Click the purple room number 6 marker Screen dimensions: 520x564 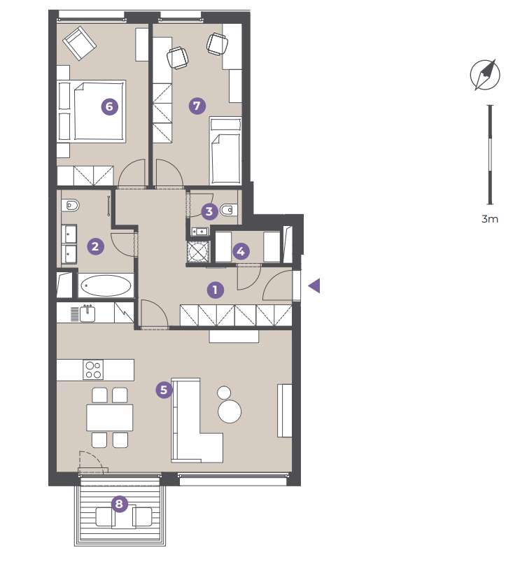click(x=109, y=106)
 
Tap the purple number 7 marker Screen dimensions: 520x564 click(x=197, y=106)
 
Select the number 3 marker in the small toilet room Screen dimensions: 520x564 click(x=209, y=211)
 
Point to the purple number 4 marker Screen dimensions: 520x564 click(x=241, y=251)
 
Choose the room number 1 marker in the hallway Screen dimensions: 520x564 click(x=215, y=290)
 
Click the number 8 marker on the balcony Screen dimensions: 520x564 click(x=119, y=504)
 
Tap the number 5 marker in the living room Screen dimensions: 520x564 click(x=164, y=390)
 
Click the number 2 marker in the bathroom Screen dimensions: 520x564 click(x=95, y=247)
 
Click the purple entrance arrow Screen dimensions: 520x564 click(x=314, y=286)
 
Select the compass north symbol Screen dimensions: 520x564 click(x=485, y=75)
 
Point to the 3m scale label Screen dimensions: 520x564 click(x=490, y=219)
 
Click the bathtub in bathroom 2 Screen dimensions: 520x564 click(x=106, y=285)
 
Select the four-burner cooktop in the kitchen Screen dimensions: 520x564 click(x=93, y=369)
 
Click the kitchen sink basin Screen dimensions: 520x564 click(x=87, y=313)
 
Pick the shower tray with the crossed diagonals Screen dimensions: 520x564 click(x=198, y=251)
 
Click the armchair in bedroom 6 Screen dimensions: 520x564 click(x=79, y=43)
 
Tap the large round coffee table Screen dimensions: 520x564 click(x=230, y=411)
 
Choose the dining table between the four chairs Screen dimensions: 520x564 click(x=110, y=418)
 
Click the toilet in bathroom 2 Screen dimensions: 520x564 click(x=70, y=206)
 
